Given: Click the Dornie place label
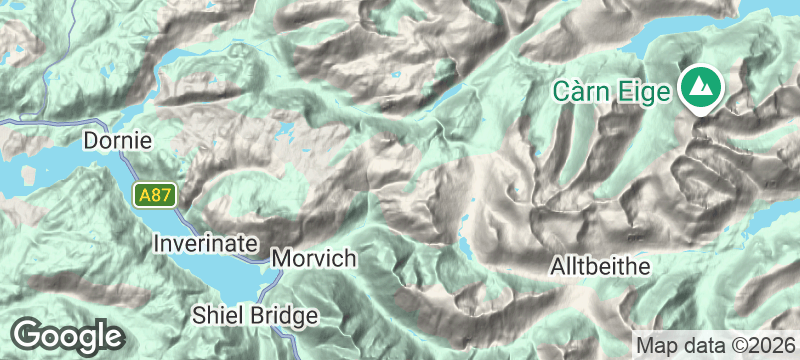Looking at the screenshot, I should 117,141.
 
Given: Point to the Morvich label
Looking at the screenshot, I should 313,259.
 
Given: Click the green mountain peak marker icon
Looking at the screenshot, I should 700,87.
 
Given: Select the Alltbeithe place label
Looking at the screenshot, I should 601,267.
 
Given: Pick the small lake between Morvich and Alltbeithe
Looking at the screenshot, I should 466,245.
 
